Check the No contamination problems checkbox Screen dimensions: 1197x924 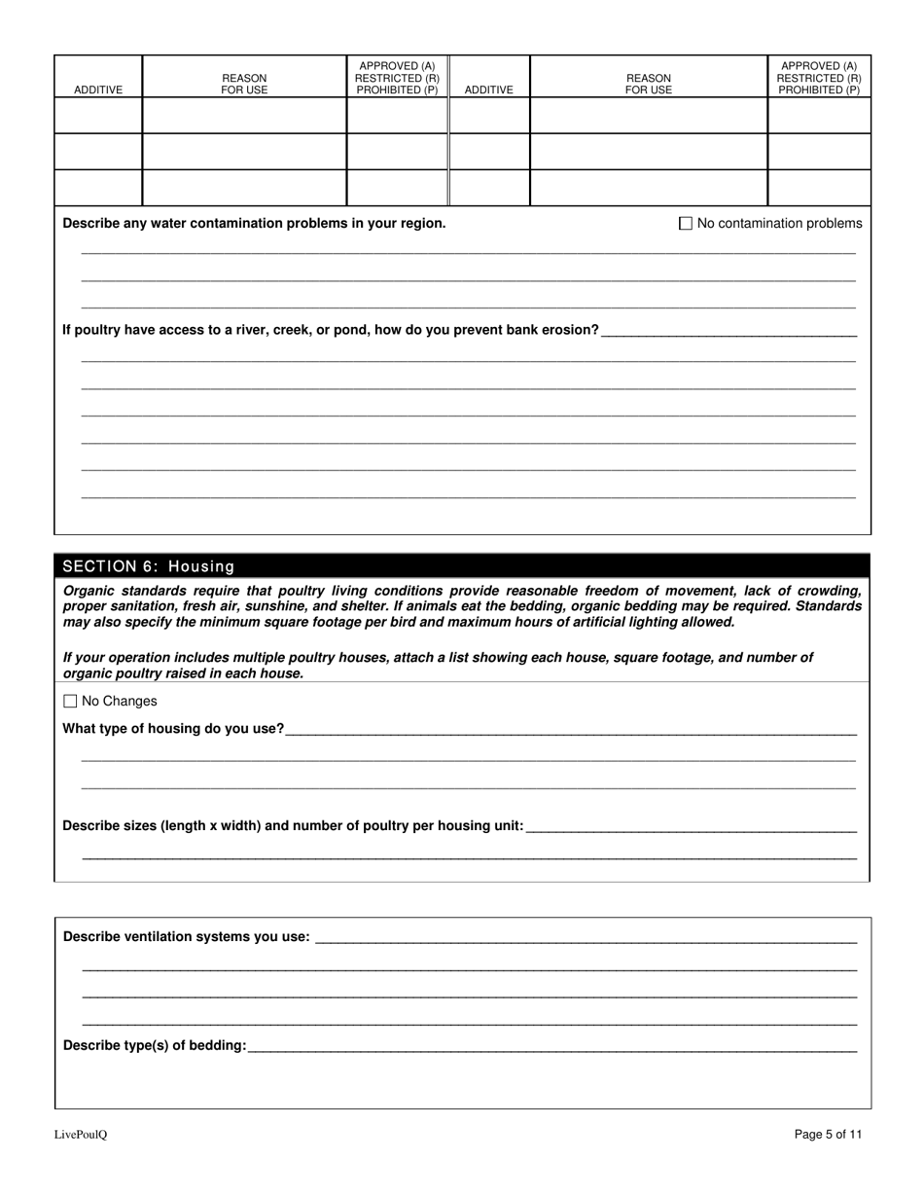pos(686,224)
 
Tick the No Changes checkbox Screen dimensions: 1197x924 pos(70,702)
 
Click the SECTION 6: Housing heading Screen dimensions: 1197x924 pos(149,566)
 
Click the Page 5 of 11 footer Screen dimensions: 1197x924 pos(828,1134)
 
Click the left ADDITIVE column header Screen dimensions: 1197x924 pos(98,90)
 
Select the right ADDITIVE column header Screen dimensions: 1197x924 pos(488,90)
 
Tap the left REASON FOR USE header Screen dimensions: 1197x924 pos(244,84)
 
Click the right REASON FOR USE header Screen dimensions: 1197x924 pos(648,84)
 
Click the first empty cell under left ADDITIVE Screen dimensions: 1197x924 pos(98,115)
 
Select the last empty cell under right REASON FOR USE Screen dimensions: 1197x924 pos(648,188)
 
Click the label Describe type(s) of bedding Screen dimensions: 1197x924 pos(155,1046)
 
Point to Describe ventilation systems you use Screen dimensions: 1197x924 pos(187,937)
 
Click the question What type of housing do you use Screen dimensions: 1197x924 pos(173,729)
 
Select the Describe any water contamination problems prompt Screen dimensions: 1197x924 pos(254,224)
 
